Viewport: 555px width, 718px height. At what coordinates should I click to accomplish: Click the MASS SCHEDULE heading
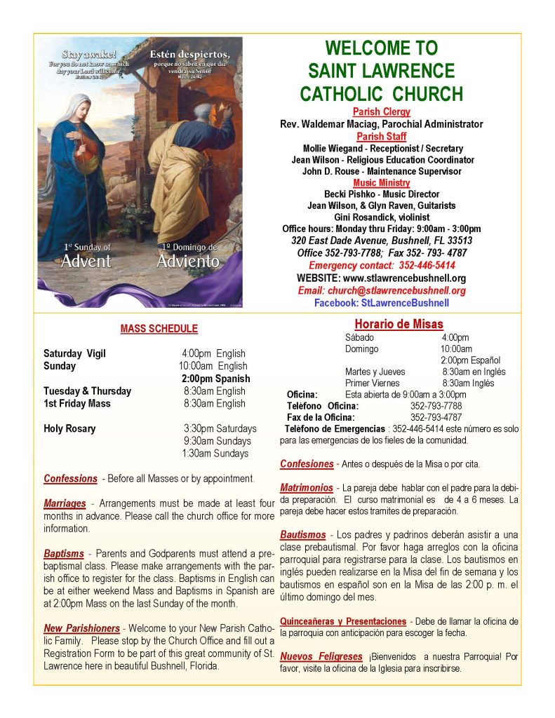pyautogui.click(x=159, y=328)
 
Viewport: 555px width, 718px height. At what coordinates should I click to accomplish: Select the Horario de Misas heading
pyautogui.click(x=399, y=324)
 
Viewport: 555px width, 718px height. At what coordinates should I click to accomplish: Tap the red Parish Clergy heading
pyautogui.click(x=382, y=112)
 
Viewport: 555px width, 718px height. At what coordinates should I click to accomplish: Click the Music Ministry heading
pyautogui.click(x=382, y=183)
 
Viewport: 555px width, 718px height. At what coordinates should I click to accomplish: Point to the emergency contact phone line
pyautogui.click(x=382, y=266)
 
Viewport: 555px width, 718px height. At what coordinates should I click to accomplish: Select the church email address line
pyautogui.click(x=382, y=290)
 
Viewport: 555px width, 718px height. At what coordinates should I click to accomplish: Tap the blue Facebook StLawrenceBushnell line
pyautogui.click(x=382, y=303)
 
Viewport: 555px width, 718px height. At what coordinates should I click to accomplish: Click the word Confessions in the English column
pyautogui.click(x=70, y=479)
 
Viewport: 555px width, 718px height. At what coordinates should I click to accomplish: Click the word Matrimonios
pyautogui.click(x=307, y=487)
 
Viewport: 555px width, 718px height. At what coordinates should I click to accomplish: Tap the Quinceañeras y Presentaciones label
pyautogui.click(x=343, y=621)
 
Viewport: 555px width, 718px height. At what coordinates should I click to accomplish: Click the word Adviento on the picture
pyautogui.click(x=187, y=262)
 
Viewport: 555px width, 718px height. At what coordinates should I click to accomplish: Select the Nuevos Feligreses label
pyautogui.click(x=321, y=657)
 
